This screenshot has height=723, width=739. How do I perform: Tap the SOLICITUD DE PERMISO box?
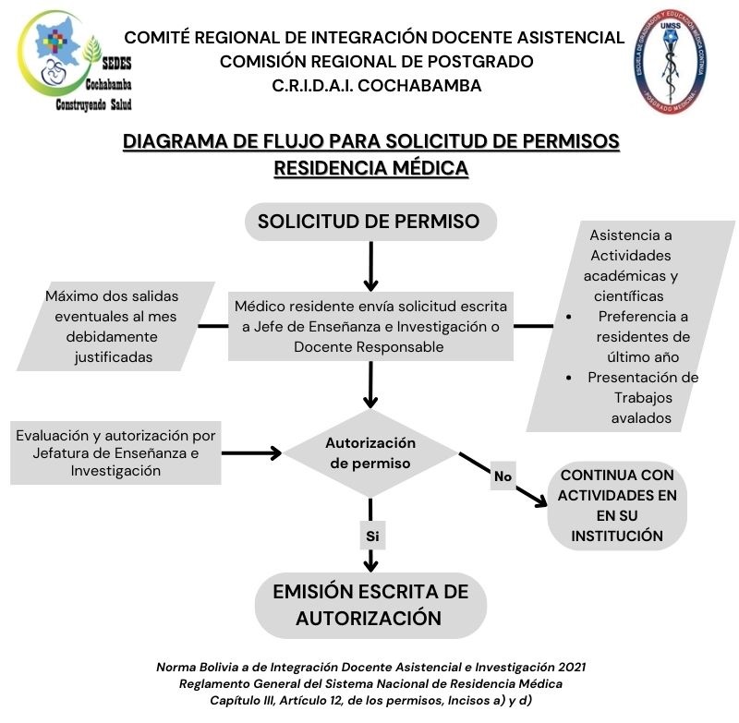(x=369, y=222)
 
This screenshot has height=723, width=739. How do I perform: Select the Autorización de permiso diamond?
(x=369, y=452)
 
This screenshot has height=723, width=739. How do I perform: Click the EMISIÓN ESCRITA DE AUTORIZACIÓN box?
(x=369, y=605)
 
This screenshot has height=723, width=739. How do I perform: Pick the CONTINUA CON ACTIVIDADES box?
(x=617, y=505)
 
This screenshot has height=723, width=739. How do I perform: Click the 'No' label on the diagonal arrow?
(x=503, y=476)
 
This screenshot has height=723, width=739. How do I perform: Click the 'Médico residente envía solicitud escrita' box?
(x=369, y=326)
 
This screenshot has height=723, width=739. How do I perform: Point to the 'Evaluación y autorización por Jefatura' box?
(x=115, y=452)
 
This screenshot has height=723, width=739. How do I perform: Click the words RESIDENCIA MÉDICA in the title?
(x=370, y=168)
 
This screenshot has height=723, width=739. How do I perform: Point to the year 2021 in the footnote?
(x=567, y=667)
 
